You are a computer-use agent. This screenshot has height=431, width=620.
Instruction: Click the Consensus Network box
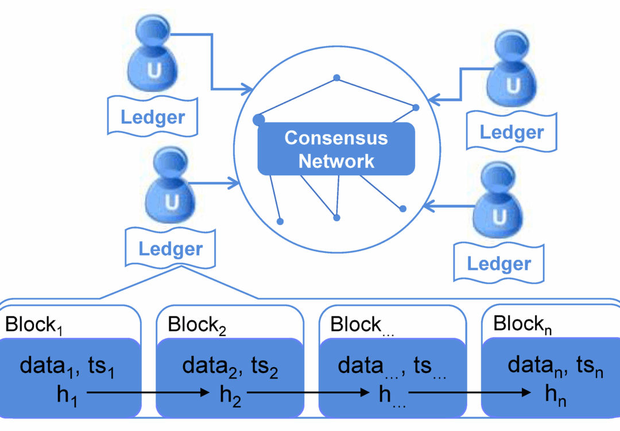pyautogui.click(x=336, y=148)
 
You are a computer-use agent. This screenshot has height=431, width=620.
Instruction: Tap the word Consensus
pyautogui.click(x=336, y=138)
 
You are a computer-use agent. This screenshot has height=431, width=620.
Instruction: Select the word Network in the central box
pyautogui.click(x=336, y=161)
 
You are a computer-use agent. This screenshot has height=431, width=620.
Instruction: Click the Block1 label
pyautogui.click(x=33, y=325)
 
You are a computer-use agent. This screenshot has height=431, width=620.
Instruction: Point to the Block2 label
pyautogui.click(x=197, y=325)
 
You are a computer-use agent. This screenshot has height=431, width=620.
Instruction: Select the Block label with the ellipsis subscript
pyautogui.click(x=361, y=325)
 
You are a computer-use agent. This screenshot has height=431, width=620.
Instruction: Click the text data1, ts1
pyautogui.click(x=67, y=366)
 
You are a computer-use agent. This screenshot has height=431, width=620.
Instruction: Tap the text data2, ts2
pyautogui.click(x=230, y=366)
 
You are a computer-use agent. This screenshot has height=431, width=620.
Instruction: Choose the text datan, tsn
pyautogui.click(x=556, y=366)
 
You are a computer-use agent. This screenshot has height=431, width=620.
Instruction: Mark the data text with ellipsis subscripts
pyautogui.click(x=392, y=367)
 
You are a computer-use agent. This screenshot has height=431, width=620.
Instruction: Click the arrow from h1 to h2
pyautogui.click(x=149, y=393)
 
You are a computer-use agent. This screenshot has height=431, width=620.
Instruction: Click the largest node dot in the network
pyautogui.click(x=259, y=120)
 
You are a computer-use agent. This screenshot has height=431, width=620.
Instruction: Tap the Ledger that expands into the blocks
pyautogui.click(x=170, y=249)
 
